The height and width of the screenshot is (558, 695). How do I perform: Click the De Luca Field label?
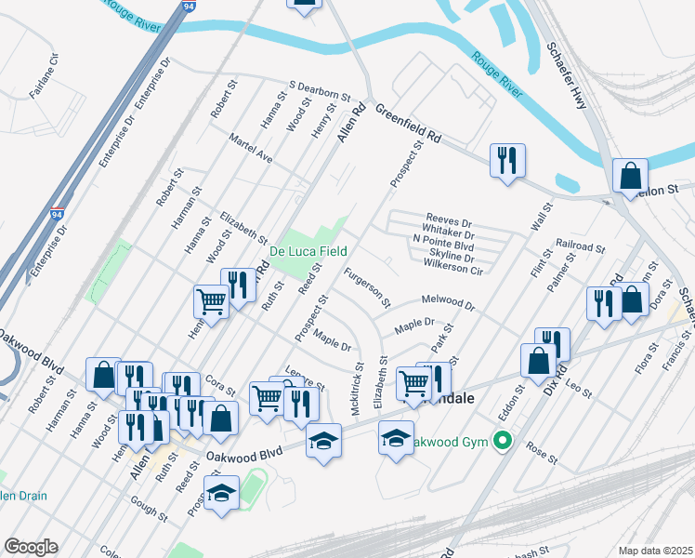(x=308, y=251)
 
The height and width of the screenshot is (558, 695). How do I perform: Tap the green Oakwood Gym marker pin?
(x=504, y=441)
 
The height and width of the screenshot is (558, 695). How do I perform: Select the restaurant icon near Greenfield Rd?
(x=507, y=161)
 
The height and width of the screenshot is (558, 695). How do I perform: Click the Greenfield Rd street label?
(x=409, y=125)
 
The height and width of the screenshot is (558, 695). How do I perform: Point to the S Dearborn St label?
(x=320, y=90)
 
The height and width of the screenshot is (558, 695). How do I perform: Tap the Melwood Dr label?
(x=448, y=303)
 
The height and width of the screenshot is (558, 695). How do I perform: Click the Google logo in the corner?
(x=31, y=547)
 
